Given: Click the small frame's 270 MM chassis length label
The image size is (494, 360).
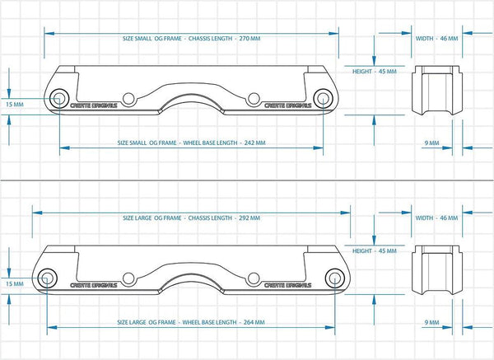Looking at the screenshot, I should [191, 39].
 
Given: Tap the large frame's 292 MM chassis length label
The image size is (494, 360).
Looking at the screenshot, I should [191, 218].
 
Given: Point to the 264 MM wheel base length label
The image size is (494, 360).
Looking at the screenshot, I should [191, 324].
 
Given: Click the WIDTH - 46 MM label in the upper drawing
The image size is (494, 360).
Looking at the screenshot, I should [436, 39].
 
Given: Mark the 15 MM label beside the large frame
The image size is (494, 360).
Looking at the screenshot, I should [14, 284].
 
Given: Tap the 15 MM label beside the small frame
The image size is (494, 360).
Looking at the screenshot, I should [14, 105].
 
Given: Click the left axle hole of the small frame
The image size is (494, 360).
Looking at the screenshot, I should [59, 99].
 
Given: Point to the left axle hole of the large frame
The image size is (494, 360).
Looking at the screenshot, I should [46, 278].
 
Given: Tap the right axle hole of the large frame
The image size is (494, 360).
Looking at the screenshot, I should [335, 278].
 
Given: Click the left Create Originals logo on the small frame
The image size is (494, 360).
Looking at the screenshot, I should [96, 105].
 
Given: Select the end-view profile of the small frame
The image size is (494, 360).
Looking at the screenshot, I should [434, 89].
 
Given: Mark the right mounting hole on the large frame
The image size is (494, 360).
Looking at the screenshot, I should [254, 278].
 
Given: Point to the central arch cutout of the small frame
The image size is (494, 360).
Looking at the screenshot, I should [191, 103].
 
